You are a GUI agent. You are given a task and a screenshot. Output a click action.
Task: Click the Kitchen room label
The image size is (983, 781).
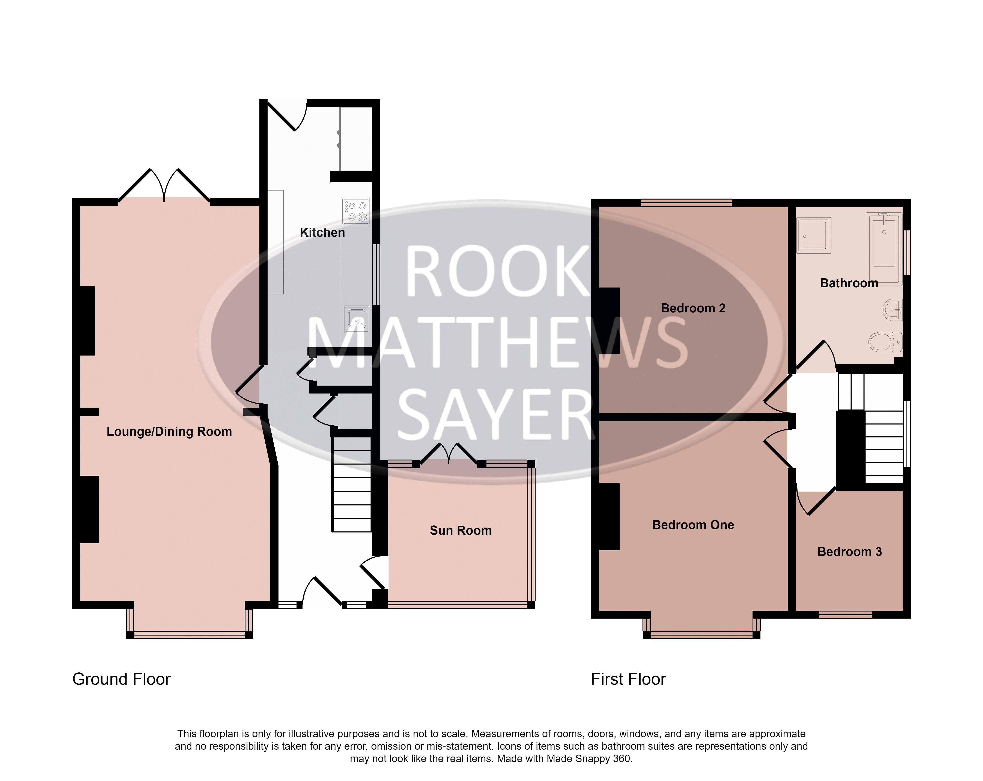tap(322, 233)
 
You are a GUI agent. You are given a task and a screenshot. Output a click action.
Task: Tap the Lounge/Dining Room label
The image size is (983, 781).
tap(169, 431)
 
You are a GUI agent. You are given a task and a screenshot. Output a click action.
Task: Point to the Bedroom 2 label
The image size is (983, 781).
tap(693, 308)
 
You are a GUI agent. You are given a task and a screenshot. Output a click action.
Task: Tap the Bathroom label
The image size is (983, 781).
tap(849, 283)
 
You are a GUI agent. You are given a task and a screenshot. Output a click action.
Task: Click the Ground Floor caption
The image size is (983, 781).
tap(121, 679)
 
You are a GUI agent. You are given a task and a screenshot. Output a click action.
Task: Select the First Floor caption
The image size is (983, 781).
tap(628, 679)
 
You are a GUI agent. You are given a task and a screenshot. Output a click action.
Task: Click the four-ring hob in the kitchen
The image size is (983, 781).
tap(356, 212)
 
